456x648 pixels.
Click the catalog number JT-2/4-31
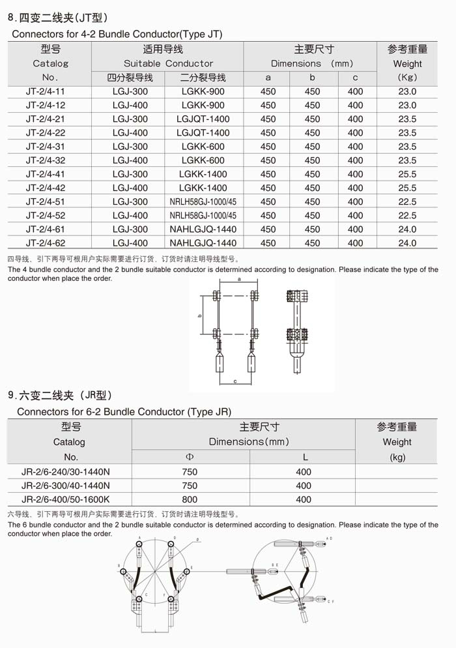tap(46, 147)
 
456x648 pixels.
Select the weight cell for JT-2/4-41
tap(407, 174)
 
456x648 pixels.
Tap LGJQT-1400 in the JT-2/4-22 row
tap(203, 133)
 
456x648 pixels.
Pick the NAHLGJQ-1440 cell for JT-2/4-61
tap(203, 229)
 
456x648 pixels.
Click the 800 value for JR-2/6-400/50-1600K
tap(190, 499)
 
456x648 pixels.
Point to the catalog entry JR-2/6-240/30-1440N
tap(66, 471)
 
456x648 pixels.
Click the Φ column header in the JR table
tap(190, 457)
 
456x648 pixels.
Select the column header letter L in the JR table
tap(304, 457)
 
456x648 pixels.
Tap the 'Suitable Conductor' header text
tap(168, 64)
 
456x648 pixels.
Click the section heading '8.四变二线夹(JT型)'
tap(57, 18)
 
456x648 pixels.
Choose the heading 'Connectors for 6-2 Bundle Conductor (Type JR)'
tap(124, 412)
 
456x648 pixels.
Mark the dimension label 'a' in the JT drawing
tap(239, 279)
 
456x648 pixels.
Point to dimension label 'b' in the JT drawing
tap(200, 316)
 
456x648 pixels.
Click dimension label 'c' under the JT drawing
tap(235, 381)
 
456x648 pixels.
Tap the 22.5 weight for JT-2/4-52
tap(407, 216)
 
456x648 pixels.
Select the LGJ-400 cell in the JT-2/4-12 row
tap(130, 106)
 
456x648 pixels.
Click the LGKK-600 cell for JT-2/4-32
tap(203, 160)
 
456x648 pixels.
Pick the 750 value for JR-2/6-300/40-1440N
tap(190, 486)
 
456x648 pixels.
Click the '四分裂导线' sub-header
tap(130, 78)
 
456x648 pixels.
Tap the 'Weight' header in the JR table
tap(397, 442)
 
